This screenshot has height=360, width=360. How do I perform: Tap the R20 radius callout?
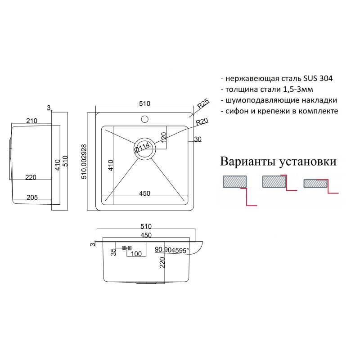click(x=201, y=122)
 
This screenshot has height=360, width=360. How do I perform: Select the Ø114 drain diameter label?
click(x=141, y=148)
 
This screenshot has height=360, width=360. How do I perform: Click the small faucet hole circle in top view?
click(x=144, y=119)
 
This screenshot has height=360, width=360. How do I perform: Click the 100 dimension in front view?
click(x=136, y=254)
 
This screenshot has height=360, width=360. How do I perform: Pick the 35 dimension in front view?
click(x=113, y=251)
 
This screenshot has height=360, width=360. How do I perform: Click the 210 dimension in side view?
click(x=31, y=121)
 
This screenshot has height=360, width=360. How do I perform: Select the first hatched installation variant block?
click(x=234, y=181)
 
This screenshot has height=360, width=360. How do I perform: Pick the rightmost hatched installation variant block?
click(x=315, y=183)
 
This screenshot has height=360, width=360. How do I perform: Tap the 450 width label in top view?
click(x=144, y=193)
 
